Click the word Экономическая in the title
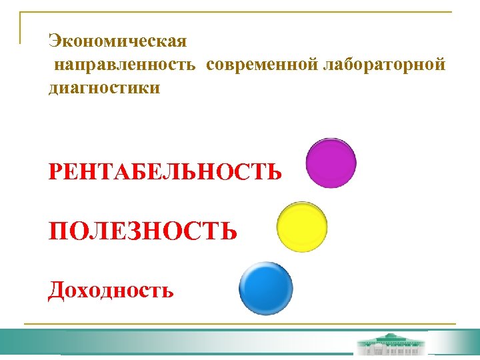pos(117,41)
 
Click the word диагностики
pos(104,87)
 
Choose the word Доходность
pos(111,290)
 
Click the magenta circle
pos(331,163)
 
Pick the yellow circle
pos(301,227)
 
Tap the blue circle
pos(266,289)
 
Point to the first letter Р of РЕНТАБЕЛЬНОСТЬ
pos(55,173)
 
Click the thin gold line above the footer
pos(240,325)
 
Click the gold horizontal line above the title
pos(240,13)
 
